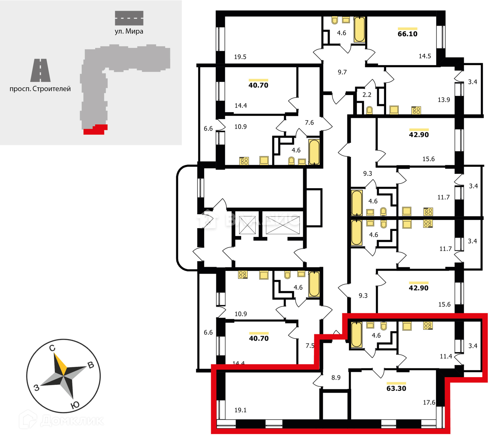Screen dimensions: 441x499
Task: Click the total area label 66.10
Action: click(407, 34)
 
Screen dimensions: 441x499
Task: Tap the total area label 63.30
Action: click(396, 388)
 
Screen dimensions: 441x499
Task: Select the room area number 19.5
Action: click(240, 57)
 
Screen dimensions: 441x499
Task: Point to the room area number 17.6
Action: click(429, 402)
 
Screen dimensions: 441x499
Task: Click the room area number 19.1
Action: click(240, 410)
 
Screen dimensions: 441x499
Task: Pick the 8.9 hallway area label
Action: click(336, 377)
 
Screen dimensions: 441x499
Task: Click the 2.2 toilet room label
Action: click(367, 95)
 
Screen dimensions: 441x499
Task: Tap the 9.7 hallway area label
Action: click(342, 72)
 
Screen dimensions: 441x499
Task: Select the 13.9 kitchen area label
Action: click(444, 100)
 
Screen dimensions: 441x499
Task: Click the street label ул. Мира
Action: click(129, 31)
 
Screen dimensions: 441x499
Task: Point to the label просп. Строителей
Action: click(40, 89)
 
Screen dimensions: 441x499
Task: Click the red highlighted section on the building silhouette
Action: click(95, 130)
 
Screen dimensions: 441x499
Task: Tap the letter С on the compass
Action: click(52, 348)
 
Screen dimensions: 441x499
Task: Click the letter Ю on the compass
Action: click(75, 405)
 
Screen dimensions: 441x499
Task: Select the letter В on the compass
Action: click(91, 365)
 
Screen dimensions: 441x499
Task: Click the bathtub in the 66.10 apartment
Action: click(359, 29)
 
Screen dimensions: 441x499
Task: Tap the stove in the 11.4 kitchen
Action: click(428, 326)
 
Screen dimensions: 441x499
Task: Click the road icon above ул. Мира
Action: click(129, 18)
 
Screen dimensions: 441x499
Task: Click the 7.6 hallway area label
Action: click(309, 123)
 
